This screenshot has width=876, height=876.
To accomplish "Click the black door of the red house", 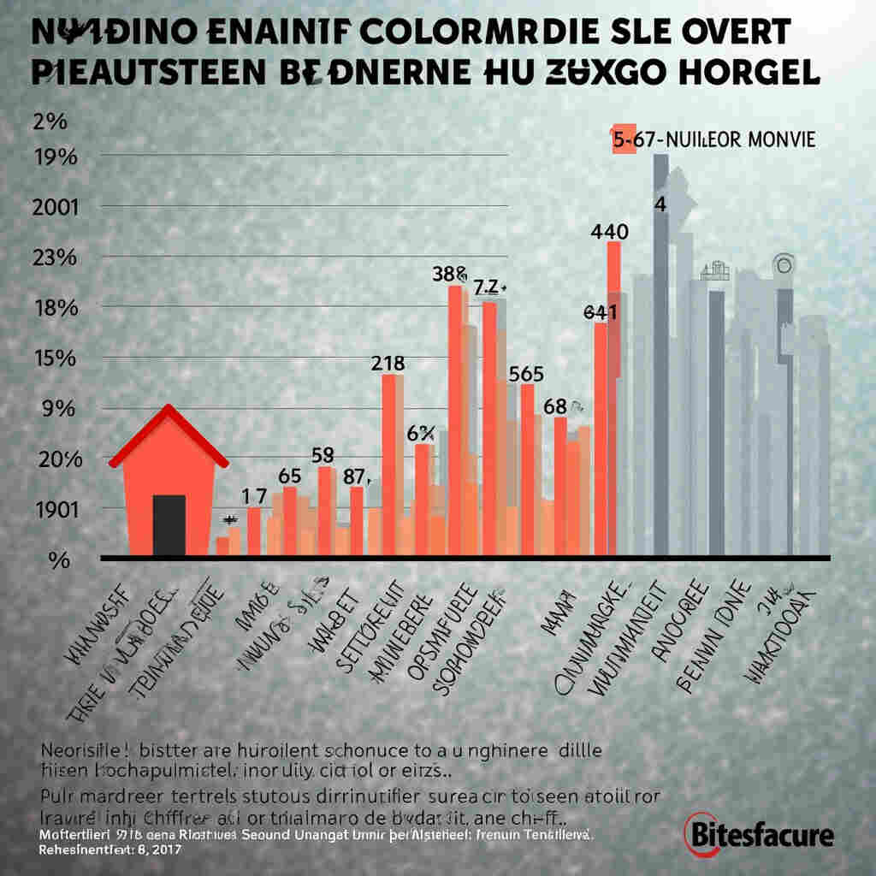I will (x=169, y=525).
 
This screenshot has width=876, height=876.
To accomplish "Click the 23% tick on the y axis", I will (x=54, y=257).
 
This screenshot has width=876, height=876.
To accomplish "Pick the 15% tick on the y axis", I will (x=54, y=358).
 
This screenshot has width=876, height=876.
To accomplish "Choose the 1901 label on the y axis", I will (x=54, y=508).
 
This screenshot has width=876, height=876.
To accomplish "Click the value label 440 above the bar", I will (x=610, y=231).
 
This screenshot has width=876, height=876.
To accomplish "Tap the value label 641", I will (x=601, y=312).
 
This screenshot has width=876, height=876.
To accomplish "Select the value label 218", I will (x=388, y=363).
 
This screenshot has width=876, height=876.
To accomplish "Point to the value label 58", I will (x=323, y=455).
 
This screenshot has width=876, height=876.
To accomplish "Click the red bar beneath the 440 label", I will (x=613, y=394).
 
